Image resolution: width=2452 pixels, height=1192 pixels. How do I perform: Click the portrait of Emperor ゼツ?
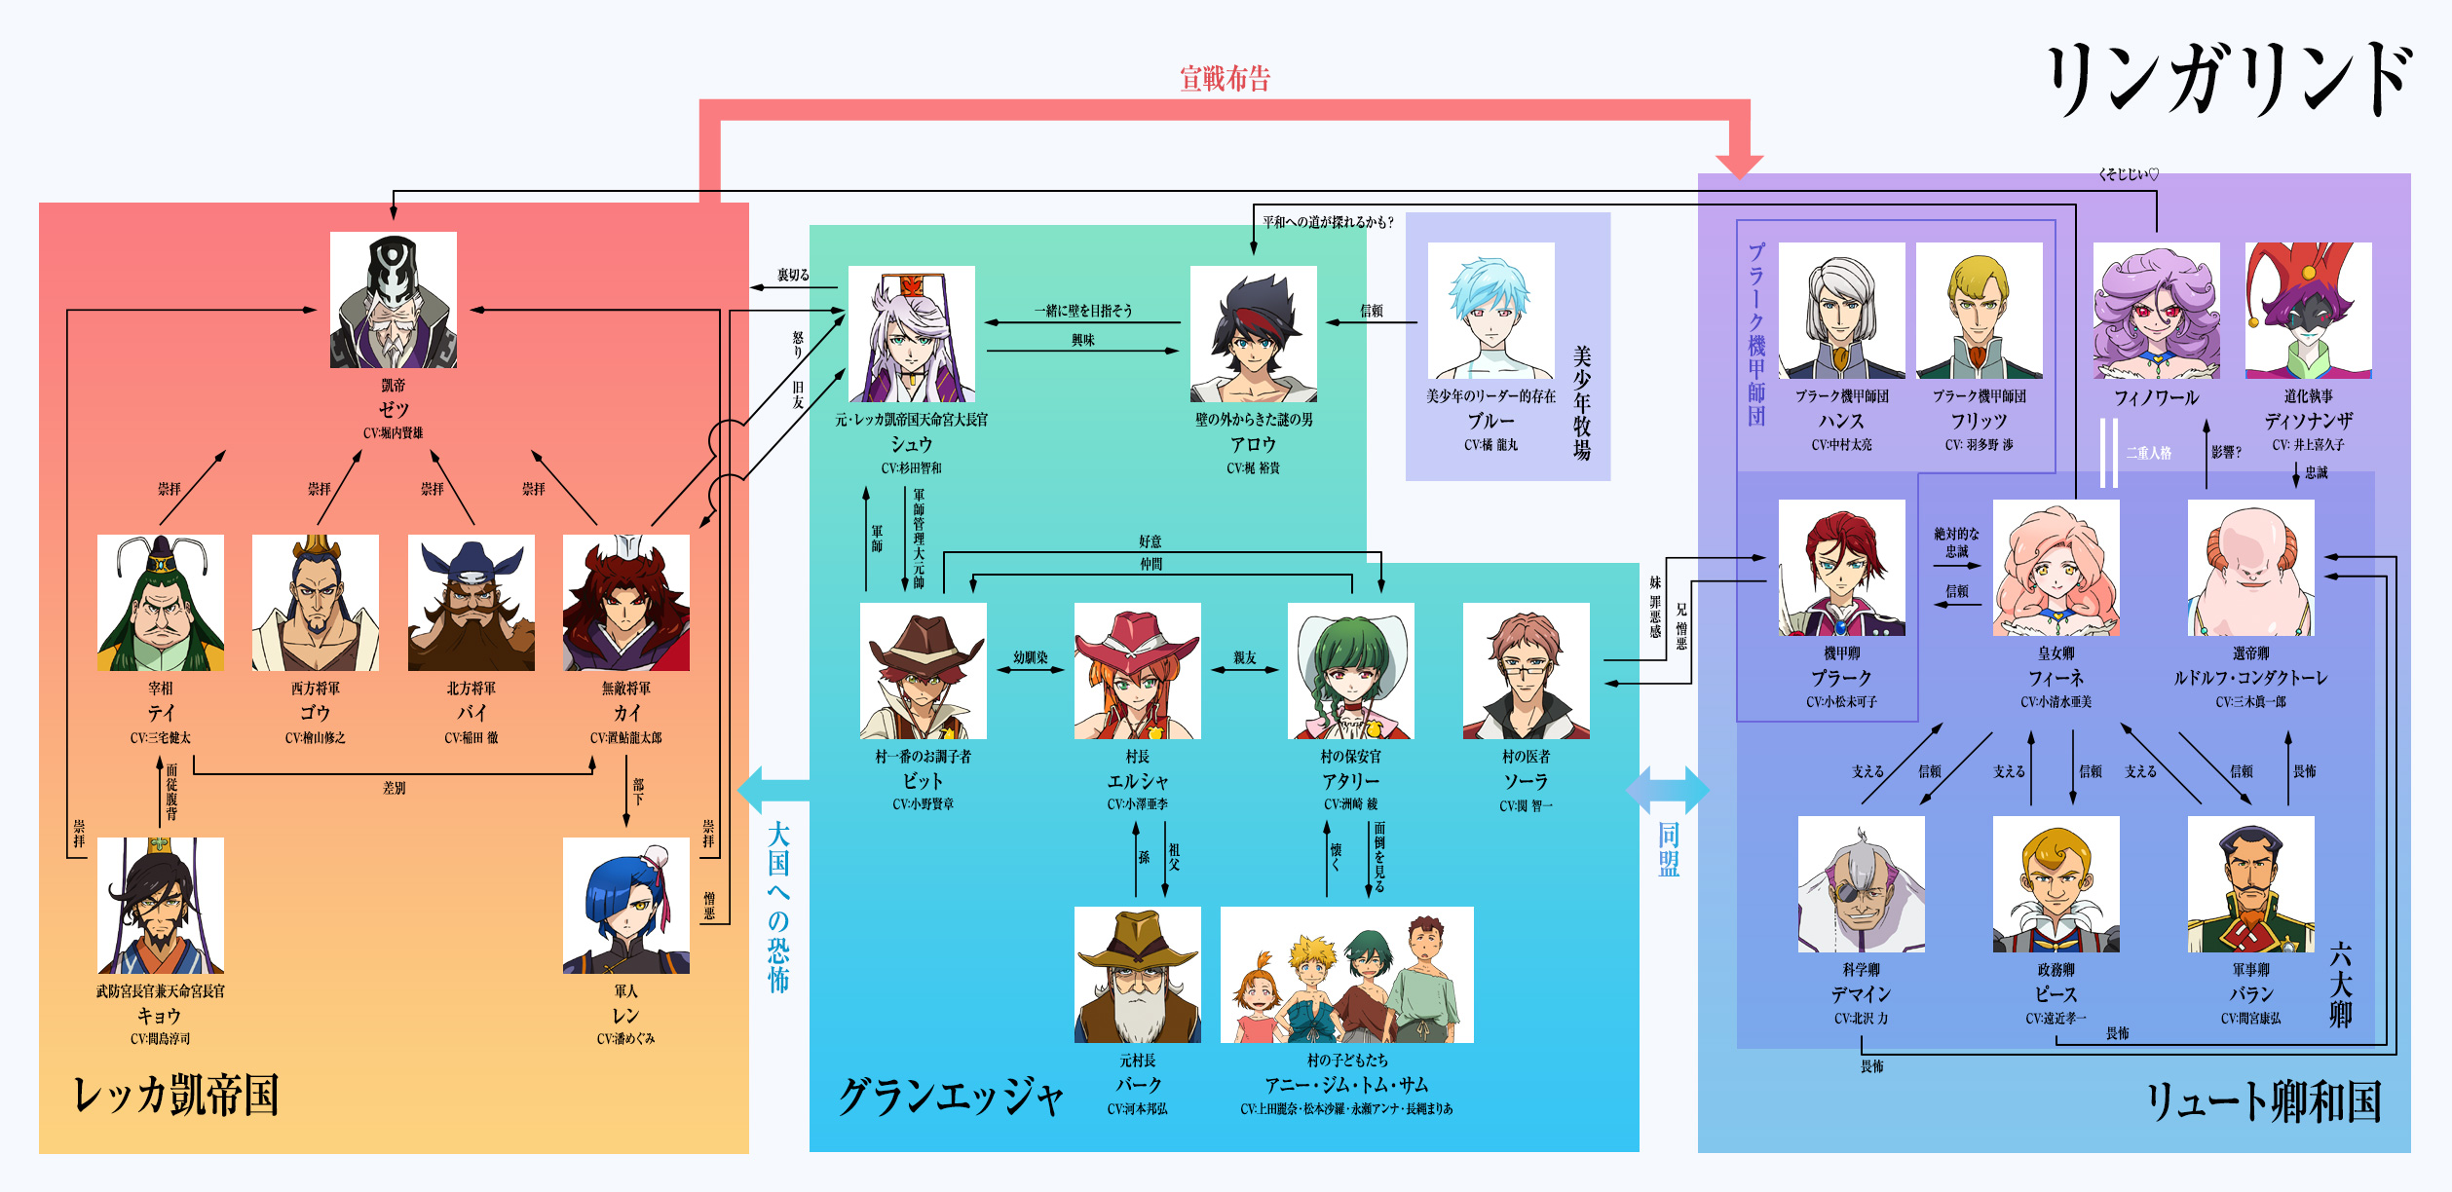[394, 300]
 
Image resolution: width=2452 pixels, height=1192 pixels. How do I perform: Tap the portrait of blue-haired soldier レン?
[626, 906]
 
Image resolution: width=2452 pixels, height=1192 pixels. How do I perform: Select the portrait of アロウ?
[1254, 334]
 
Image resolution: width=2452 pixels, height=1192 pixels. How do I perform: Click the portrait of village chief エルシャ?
[1138, 671]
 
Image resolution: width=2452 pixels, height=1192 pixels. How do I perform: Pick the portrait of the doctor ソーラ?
[1527, 671]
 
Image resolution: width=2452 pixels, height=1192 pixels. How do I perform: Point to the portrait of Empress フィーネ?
[2056, 568]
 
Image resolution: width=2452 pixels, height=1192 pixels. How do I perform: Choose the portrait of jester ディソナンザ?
[2309, 311]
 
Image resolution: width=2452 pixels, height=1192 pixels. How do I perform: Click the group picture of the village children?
[1347, 975]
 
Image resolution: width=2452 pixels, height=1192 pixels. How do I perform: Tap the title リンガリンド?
[2230, 79]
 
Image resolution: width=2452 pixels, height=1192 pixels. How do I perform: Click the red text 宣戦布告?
[1226, 79]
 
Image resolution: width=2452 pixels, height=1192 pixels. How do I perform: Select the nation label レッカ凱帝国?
[176, 1095]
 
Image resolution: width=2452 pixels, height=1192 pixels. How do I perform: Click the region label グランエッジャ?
[951, 1097]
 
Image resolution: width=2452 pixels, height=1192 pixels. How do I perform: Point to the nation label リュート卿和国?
[2265, 1101]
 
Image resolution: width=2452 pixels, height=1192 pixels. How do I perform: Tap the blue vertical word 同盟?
[1669, 849]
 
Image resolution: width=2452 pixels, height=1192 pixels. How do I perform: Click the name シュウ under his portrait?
[912, 444]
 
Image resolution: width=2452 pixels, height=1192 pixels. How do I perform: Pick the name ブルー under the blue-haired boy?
[1491, 421]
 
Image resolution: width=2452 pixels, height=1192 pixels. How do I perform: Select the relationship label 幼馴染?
[1031, 657]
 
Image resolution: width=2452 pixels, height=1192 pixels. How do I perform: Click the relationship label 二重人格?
[2149, 453]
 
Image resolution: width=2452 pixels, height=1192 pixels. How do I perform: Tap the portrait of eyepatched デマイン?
[1862, 884]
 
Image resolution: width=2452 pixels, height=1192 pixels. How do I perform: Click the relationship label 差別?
[395, 788]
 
